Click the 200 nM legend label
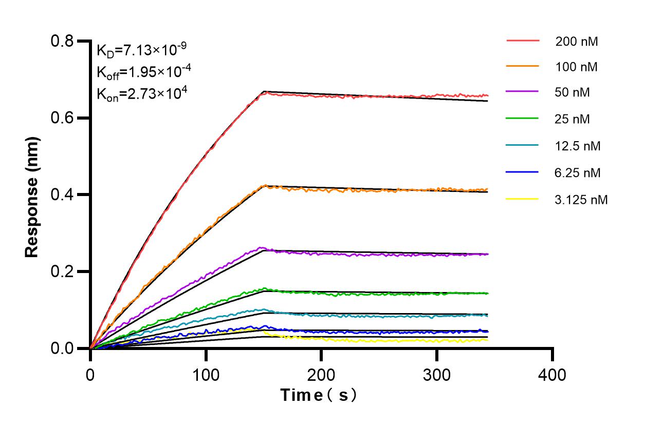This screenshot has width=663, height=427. click(576, 42)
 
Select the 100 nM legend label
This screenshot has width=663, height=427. click(576, 67)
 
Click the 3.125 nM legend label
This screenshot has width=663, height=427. click(581, 200)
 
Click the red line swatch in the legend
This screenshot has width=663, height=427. click(523, 41)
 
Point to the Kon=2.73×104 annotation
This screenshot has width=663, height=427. click(141, 93)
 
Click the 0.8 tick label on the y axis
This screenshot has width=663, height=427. click(63, 41)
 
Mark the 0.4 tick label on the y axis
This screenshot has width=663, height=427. click(63, 195)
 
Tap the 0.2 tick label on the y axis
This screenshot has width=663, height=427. click(63, 271)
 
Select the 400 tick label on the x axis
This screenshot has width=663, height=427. click(552, 375)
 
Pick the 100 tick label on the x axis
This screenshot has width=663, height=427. click(206, 375)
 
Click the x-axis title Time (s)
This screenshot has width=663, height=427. click(318, 396)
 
